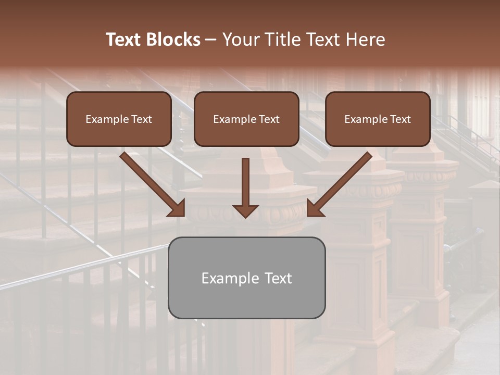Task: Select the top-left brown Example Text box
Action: tap(119, 119)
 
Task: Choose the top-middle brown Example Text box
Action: tap(246, 119)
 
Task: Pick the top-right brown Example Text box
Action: tap(378, 119)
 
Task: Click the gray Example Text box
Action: tap(246, 278)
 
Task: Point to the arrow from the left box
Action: tap(148, 181)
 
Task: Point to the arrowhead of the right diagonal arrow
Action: tap(315, 208)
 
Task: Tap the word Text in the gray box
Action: tap(278, 278)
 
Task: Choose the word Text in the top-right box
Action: tap(401, 119)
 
